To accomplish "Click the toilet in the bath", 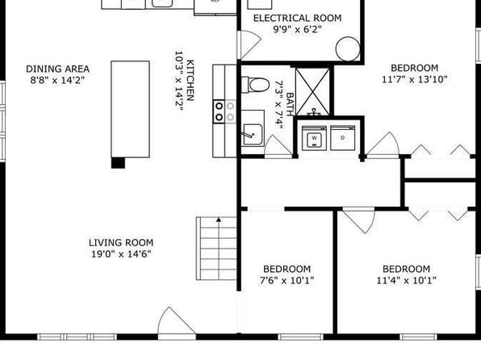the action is [x=255, y=85].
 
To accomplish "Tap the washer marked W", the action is [x=314, y=138].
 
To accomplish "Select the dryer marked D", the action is [x=343, y=138].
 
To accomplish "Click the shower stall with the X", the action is [x=312, y=92].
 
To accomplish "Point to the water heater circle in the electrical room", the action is [x=348, y=48].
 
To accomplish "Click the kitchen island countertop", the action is [x=131, y=109].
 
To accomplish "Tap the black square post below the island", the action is [x=118, y=163].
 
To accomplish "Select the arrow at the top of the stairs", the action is [x=219, y=219].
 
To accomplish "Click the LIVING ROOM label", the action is [x=121, y=243].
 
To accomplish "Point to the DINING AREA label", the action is [x=57, y=69].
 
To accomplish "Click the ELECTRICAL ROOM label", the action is [x=297, y=18].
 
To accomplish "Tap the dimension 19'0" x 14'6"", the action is [x=122, y=254].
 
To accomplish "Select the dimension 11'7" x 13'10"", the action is [x=415, y=79].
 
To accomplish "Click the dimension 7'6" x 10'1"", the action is [x=287, y=281].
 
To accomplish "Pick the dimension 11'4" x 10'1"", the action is [x=406, y=281].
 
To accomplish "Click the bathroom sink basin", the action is [x=253, y=135].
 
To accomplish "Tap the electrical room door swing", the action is [x=249, y=45].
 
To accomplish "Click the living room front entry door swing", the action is [x=176, y=320].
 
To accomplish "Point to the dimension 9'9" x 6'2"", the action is [x=297, y=30].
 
